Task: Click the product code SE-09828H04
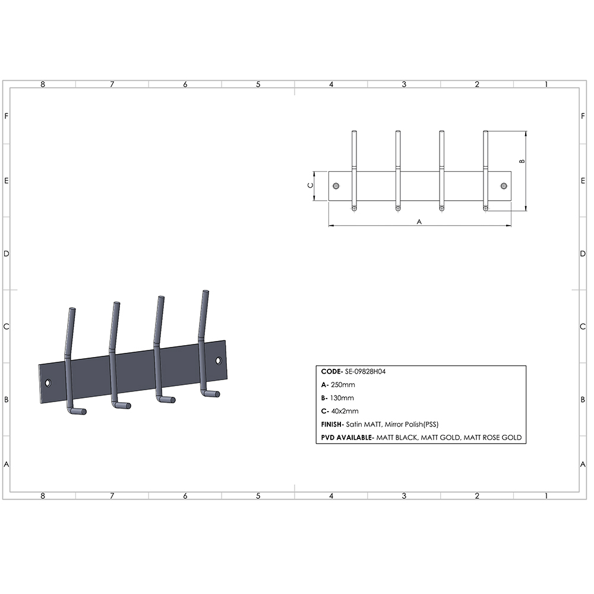click(365, 372)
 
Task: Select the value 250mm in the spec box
click(343, 385)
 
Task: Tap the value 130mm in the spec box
click(342, 398)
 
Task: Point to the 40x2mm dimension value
click(345, 412)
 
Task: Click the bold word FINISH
click(331, 425)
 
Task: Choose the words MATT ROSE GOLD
click(492, 438)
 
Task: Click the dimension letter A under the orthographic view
click(419, 222)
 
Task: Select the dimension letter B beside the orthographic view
click(522, 161)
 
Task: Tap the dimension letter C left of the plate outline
click(310, 185)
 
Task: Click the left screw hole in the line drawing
click(336, 186)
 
